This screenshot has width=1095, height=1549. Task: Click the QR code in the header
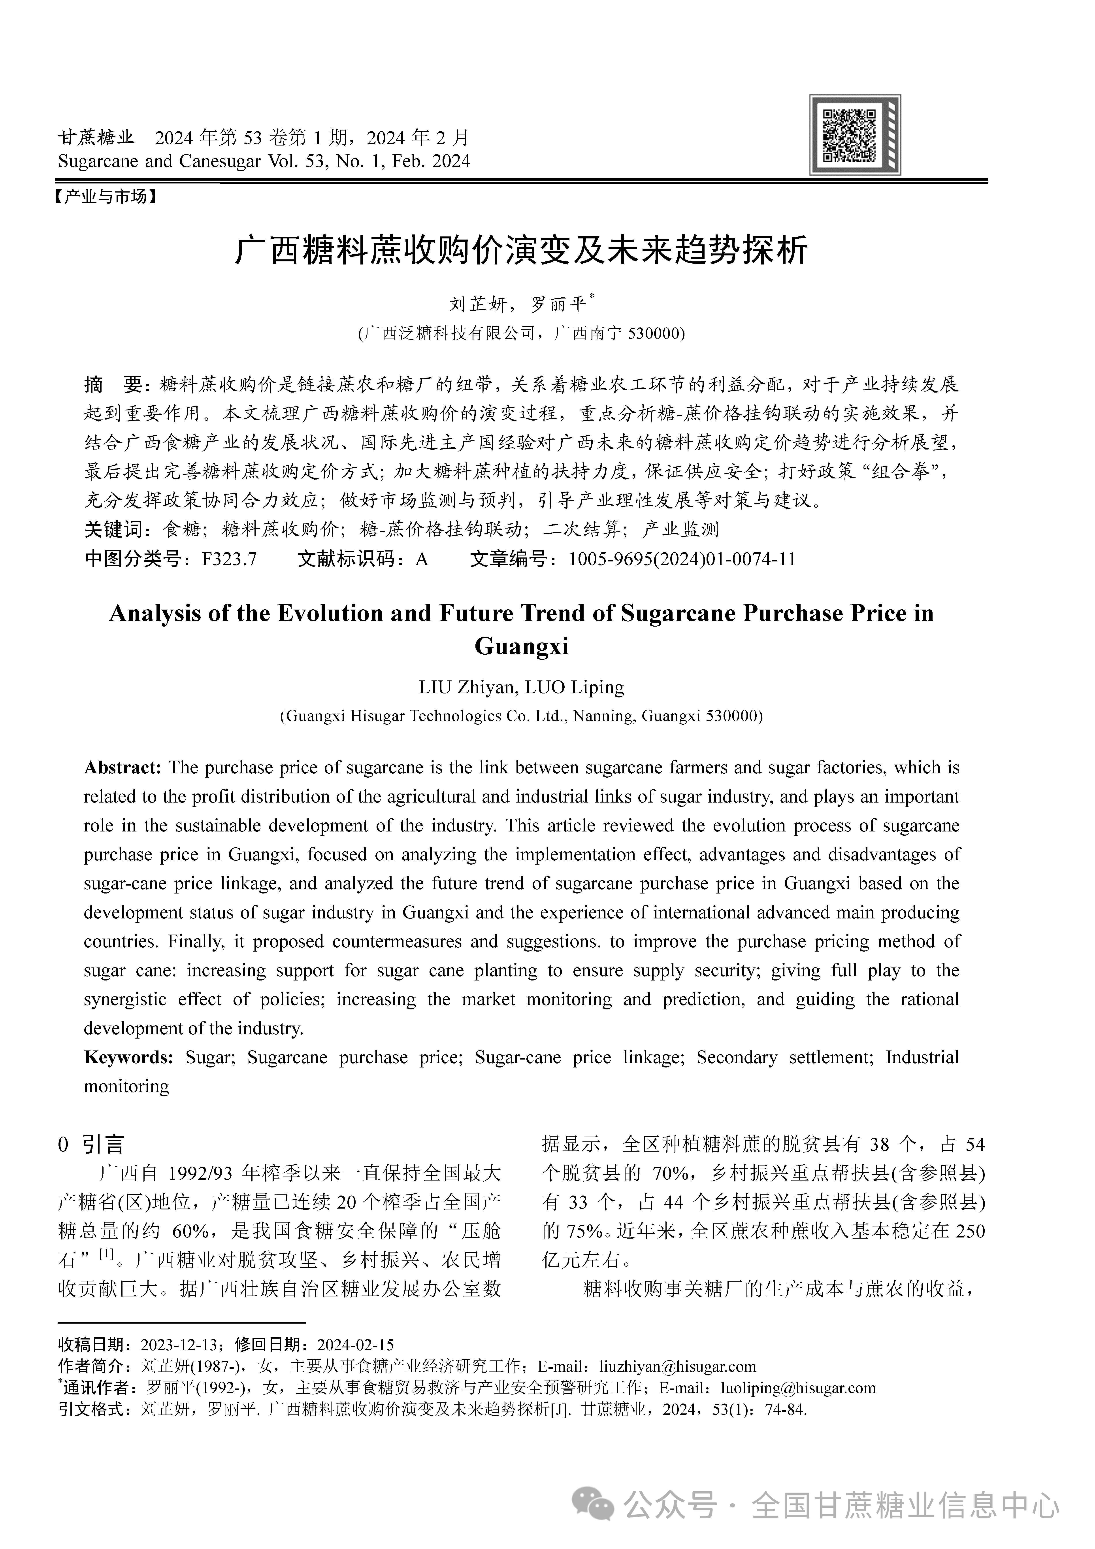point(855,135)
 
